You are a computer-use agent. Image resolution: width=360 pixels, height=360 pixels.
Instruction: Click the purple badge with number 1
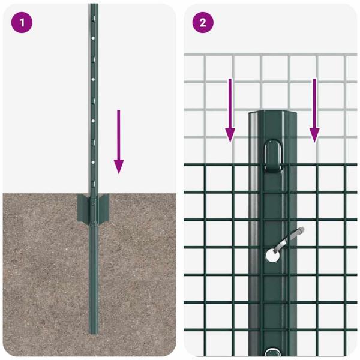point(22,23)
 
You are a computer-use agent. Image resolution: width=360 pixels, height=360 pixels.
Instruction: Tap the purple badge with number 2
point(203,23)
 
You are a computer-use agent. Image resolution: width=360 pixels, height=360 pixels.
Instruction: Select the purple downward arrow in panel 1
point(119,141)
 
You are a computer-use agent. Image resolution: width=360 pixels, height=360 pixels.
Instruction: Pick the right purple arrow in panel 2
point(314,111)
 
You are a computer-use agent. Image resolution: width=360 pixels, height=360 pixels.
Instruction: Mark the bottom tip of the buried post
point(93,331)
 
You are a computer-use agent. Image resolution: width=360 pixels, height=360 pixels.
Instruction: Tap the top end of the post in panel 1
point(93,6)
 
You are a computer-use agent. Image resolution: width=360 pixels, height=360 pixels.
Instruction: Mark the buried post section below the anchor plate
point(93,276)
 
